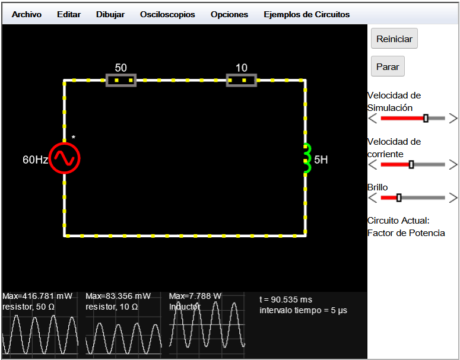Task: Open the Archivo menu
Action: [26, 14]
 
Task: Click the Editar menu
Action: [69, 14]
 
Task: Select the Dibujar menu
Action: [110, 15]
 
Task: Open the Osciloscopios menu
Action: [167, 15]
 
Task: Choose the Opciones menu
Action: [230, 15]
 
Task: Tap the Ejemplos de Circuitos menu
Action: [307, 15]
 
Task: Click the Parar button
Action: [388, 66]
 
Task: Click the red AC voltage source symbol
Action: [65, 158]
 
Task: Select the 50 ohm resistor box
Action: [121, 80]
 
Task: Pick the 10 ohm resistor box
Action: [242, 80]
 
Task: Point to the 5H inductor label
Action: [321, 160]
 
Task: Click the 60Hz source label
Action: [35, 160]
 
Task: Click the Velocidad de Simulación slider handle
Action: [426, 118]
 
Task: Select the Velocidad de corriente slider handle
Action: [411, 164]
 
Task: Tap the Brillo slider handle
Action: [399, 198]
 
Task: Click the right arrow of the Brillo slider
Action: [453, 198]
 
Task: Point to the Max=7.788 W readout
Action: [195, 296]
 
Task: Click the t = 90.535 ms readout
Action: [285, 300]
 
